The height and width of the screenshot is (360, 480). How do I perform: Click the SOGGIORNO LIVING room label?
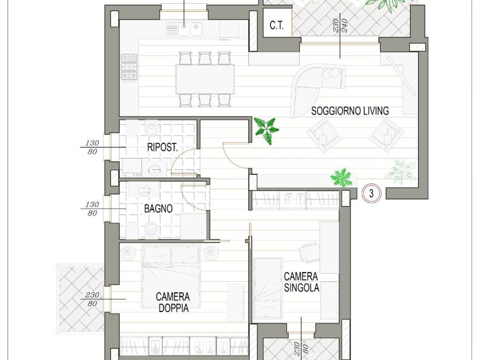tap(350, 111)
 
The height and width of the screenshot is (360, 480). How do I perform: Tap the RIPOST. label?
tap(162, 147)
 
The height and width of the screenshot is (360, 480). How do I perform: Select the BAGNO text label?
tap(158, 209)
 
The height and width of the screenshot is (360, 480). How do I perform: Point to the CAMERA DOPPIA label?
tap(173, 302)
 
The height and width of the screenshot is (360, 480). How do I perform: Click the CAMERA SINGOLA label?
tap(301, 282)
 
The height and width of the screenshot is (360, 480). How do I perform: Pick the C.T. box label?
tap(277, 26)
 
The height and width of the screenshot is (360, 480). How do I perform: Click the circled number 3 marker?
tap(371, 194)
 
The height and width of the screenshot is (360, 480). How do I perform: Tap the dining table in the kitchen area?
tap(205, 79)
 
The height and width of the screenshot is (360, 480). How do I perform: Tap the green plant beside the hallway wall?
tap(267, 131)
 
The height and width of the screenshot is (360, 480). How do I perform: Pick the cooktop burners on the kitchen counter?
tap(129, 67)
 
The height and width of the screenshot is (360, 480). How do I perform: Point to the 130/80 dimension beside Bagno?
tap(92, 209)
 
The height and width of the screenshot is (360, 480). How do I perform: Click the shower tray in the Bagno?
tap(193, 226)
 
